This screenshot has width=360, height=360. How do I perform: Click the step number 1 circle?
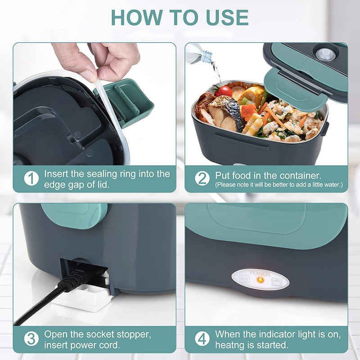click(x=31, y=178)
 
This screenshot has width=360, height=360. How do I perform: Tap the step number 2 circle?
click(x=202, y=178)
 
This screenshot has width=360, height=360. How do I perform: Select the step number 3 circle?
click(x=31, y=339)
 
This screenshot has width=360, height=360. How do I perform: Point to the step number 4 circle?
click(x=202, y=339)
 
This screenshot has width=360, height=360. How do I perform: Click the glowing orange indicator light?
click(x=259, y=280)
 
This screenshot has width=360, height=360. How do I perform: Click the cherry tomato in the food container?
click(x=224, y=91)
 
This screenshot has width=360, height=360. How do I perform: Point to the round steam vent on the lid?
click(x=325, y=55)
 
